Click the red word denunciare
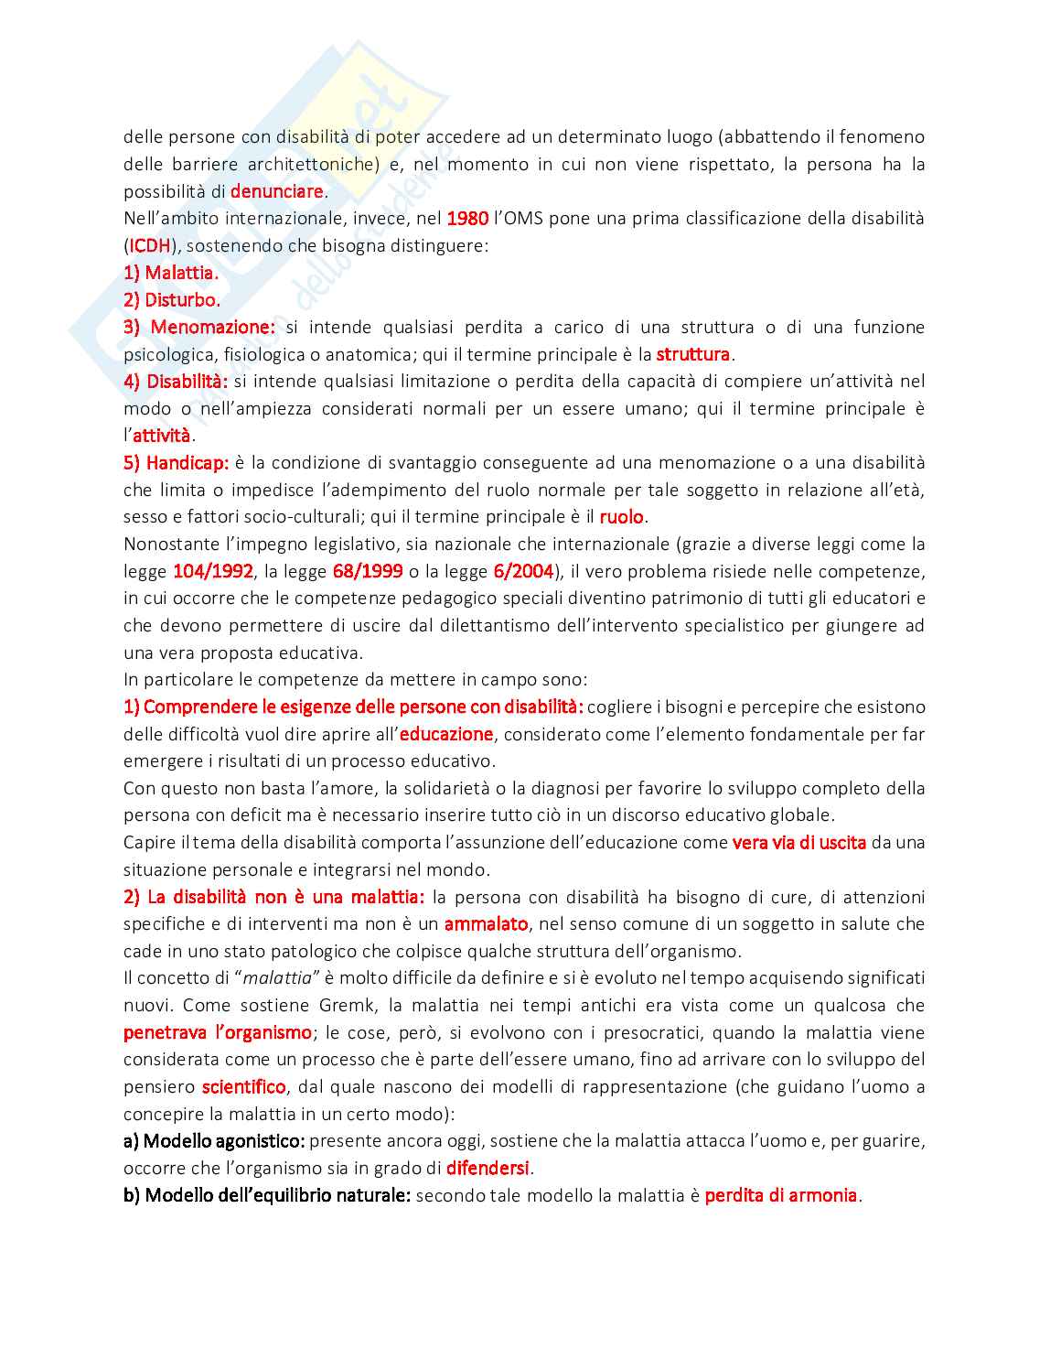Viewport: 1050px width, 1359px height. [276, 191]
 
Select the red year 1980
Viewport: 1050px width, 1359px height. [467, 219]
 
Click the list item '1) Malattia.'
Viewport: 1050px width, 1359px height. [171, 273]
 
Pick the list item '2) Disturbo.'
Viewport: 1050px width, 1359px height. [172, 300]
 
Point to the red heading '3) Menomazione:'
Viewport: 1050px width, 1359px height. [199, 327]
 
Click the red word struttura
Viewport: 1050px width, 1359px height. [693, 354]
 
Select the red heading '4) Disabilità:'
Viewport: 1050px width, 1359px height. [176, 382]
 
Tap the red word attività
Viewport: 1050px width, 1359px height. [162, 436]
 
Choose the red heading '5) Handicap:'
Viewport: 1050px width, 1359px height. [177, 463]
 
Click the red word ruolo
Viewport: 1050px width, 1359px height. [622, 517]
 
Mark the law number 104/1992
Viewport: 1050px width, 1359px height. [213, 572]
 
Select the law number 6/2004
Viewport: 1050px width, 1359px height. [523, 572]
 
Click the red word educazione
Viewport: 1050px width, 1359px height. [446, 734]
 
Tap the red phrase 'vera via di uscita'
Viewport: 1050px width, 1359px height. [799, 843]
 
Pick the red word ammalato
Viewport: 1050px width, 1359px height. [486, 924]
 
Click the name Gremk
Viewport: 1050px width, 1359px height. [347, 1006]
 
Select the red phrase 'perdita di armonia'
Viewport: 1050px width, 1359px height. [781, 1195]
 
